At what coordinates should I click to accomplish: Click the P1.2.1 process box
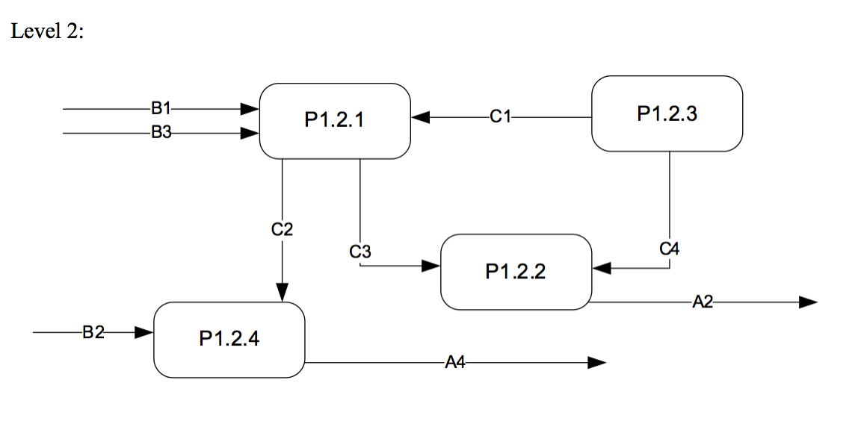[335, 120]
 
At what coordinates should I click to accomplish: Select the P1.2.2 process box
[516, 272]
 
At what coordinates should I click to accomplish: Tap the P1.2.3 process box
[667, 113]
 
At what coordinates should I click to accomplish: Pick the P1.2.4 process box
[229, 339]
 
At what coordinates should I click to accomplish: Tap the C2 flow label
[282, 229]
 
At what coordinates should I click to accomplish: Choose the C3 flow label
[360, 252]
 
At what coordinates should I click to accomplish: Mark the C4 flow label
[670, 249]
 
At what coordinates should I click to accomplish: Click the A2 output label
[703, 302]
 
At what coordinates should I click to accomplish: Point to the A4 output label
[454, 363]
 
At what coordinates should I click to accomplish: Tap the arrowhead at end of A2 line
[808, 302]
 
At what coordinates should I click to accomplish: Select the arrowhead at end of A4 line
[596, 363]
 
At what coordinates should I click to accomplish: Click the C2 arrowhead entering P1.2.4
[282, 293]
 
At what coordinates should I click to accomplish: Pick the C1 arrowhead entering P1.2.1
[422, 117]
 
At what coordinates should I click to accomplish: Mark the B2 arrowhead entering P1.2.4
[143, 332]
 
